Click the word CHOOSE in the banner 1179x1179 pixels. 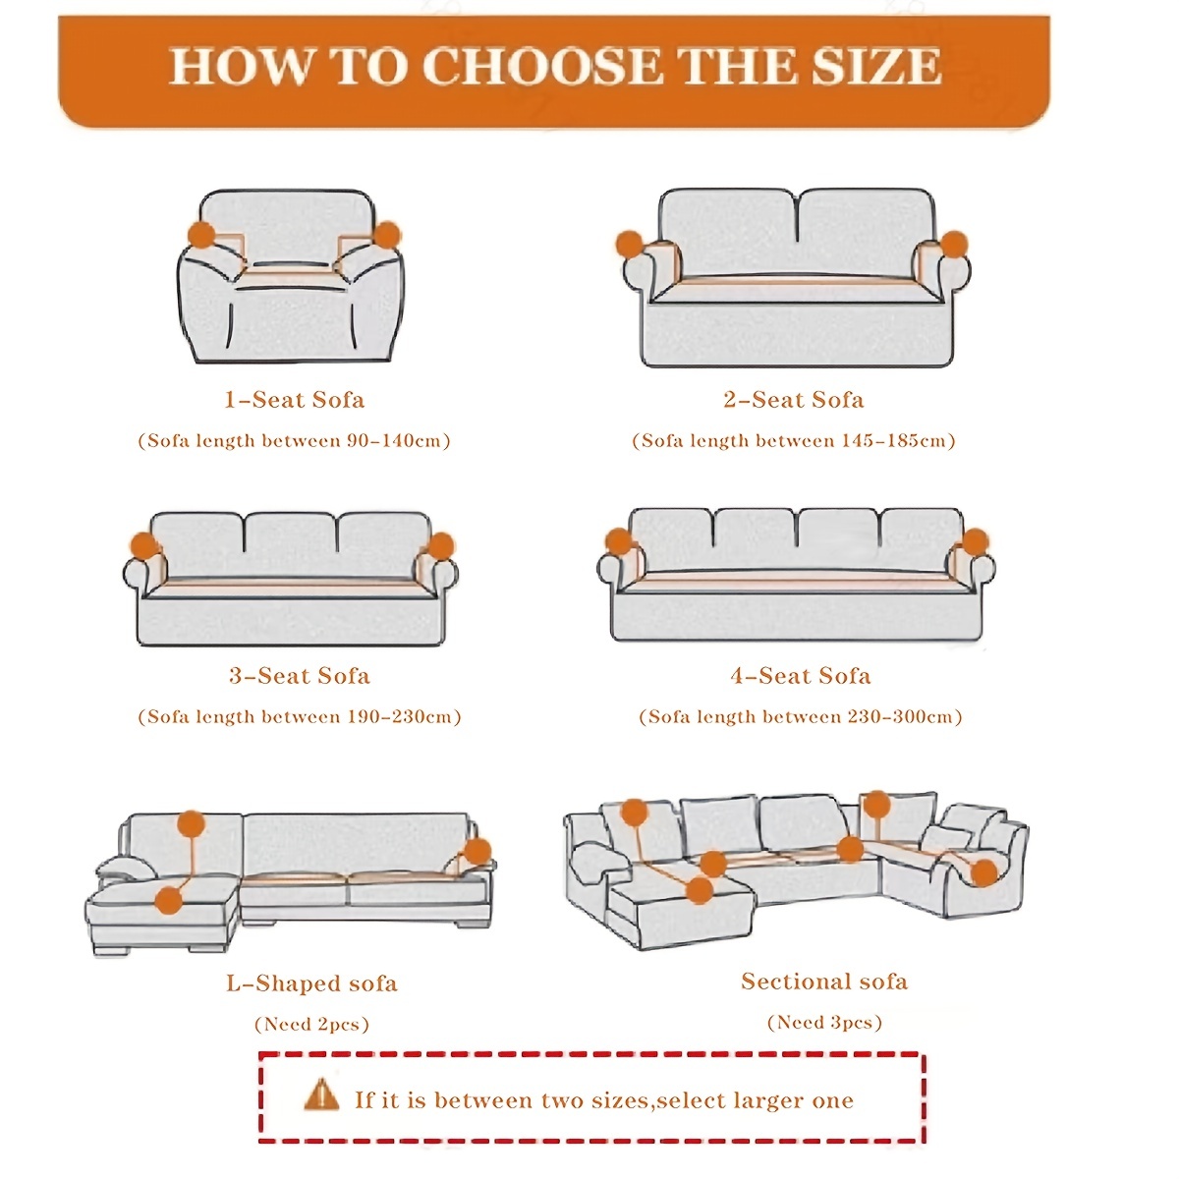click(x=542, y=66)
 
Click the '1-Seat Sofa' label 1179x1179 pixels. click(x=295, y=400)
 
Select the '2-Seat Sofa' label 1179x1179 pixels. click(x=794, y=400)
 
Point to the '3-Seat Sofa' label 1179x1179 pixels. click(x=300, y=676)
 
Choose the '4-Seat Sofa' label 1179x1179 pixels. click(x=801, y=676)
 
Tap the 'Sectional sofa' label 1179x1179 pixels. click(x=824, y=982)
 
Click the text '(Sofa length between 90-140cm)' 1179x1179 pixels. click(x=295, y=441)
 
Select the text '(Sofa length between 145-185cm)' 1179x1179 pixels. click(x=794, y=441)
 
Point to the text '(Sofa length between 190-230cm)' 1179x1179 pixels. click(x=300, y=717)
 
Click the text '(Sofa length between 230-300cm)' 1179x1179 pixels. click(x=801, y=717)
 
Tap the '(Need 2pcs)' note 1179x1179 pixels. click(x=312, y=1025)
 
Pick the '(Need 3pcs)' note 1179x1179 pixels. click(x=824, y=1023)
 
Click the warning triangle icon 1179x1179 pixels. click(x=321, y=1095)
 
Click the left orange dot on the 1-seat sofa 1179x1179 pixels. click(x=201, y=235)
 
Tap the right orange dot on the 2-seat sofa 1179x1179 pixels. click(x=954, y=245)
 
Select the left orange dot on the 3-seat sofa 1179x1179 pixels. click(x=145, y=545)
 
